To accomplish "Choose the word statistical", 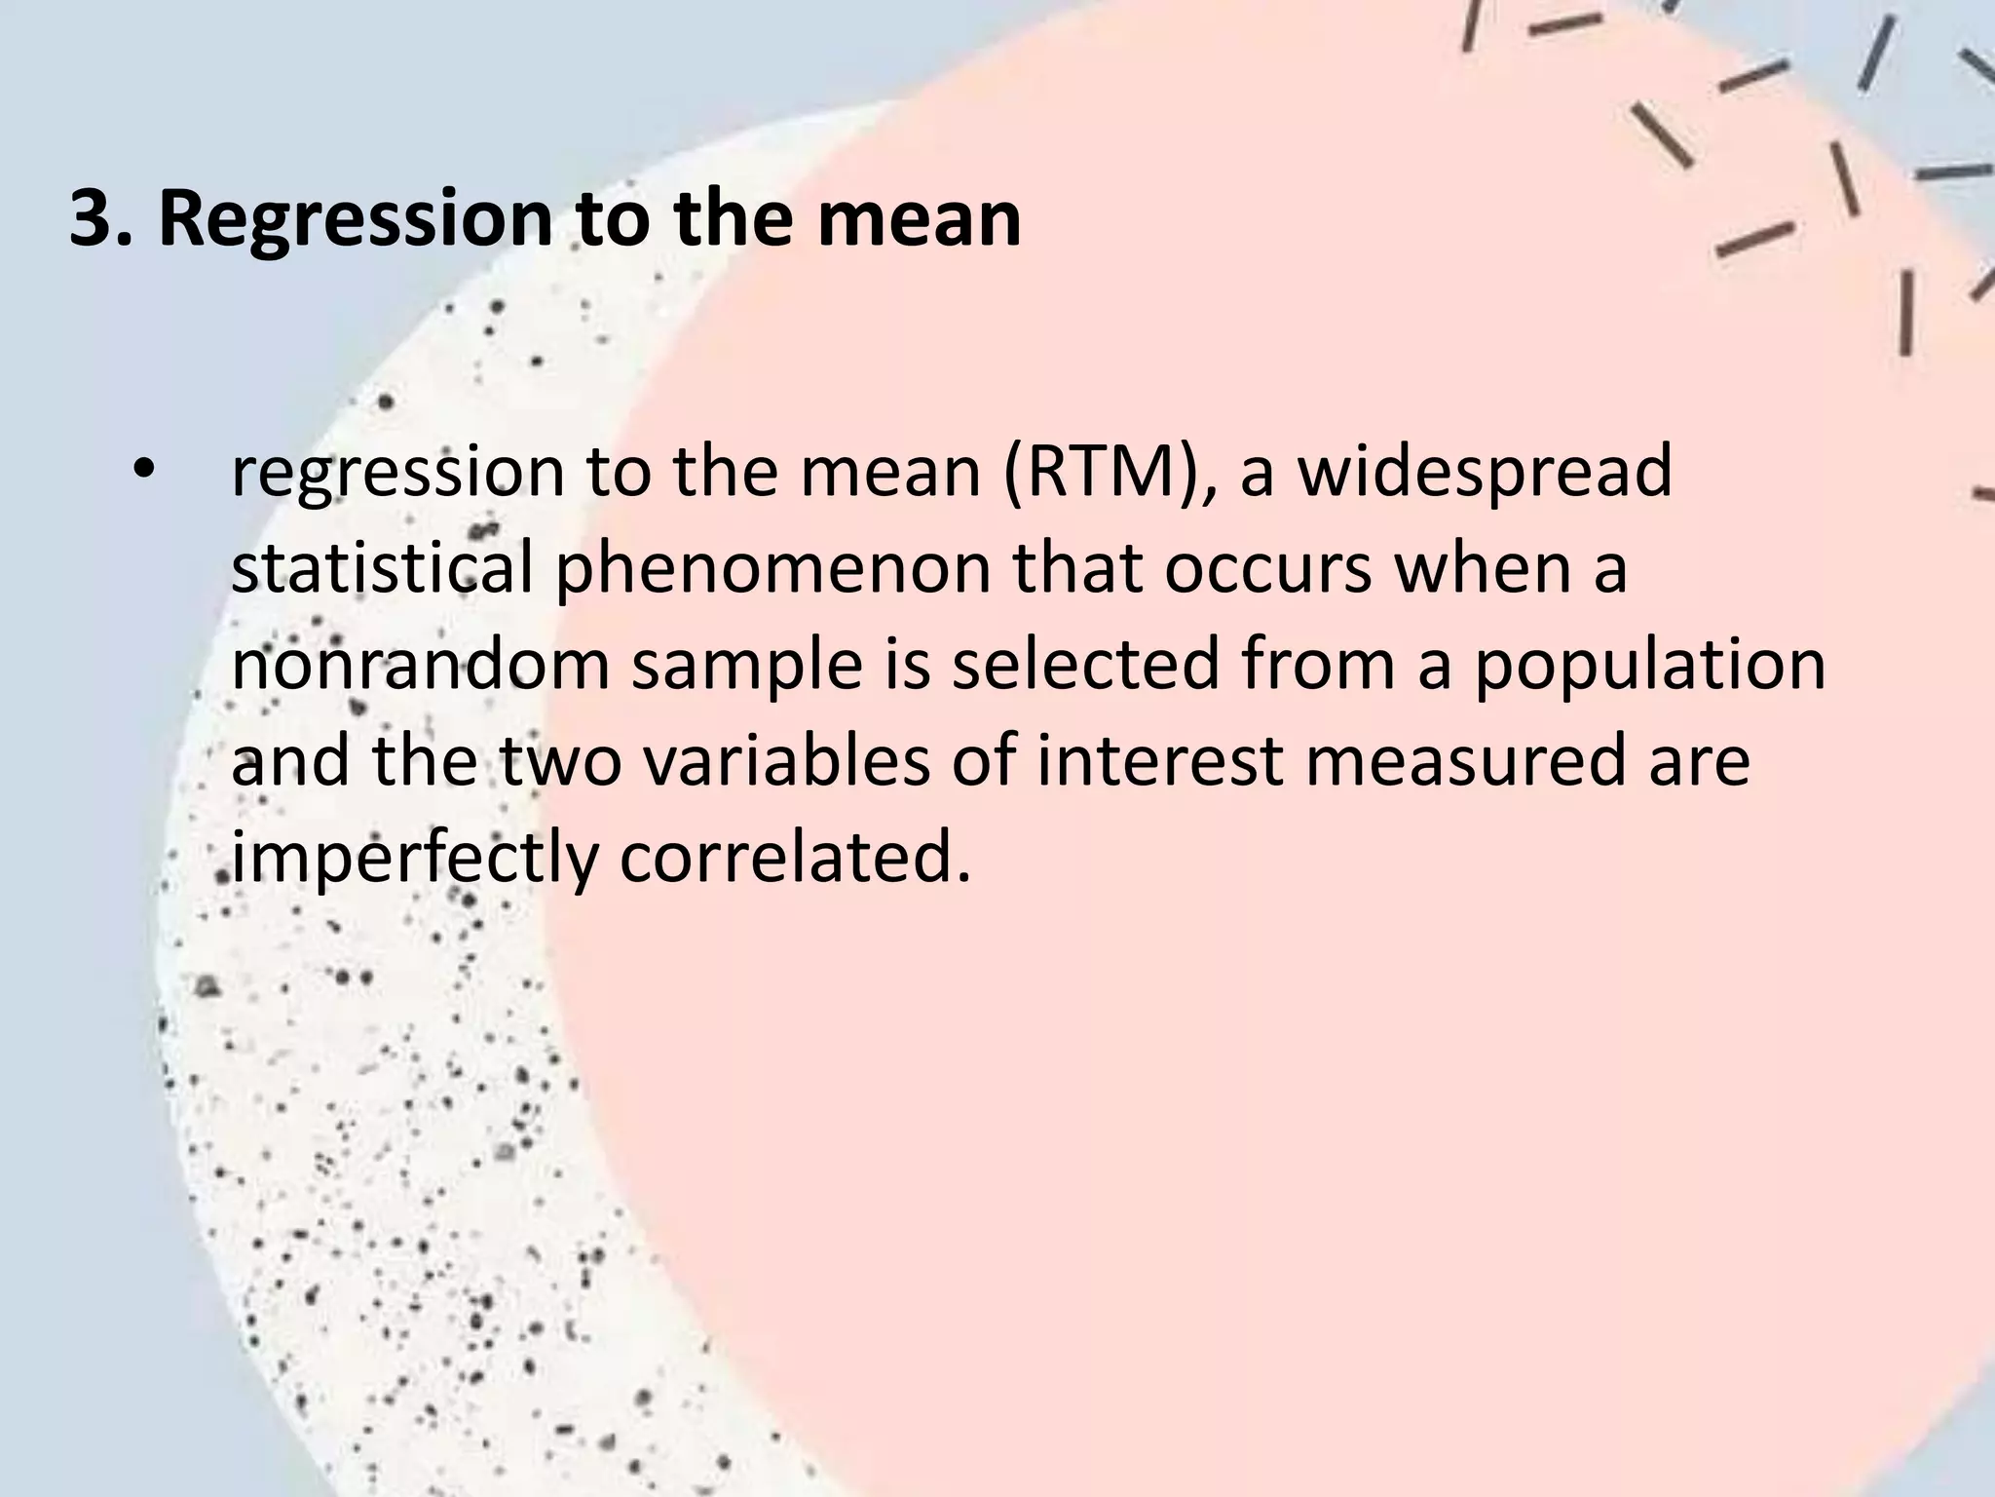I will (381, 568).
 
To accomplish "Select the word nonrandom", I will (420, 665).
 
